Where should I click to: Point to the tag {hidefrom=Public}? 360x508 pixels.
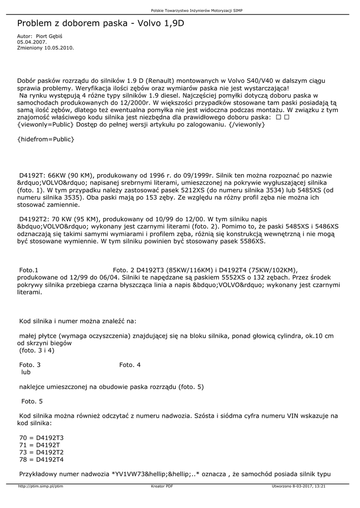coord(45,139)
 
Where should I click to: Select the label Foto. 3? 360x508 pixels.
coord(30,365)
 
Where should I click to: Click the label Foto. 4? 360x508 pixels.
coord(130,365)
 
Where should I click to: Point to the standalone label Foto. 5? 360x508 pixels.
coord(32,401)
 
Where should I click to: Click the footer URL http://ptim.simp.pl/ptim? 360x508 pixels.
coord(40,486)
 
